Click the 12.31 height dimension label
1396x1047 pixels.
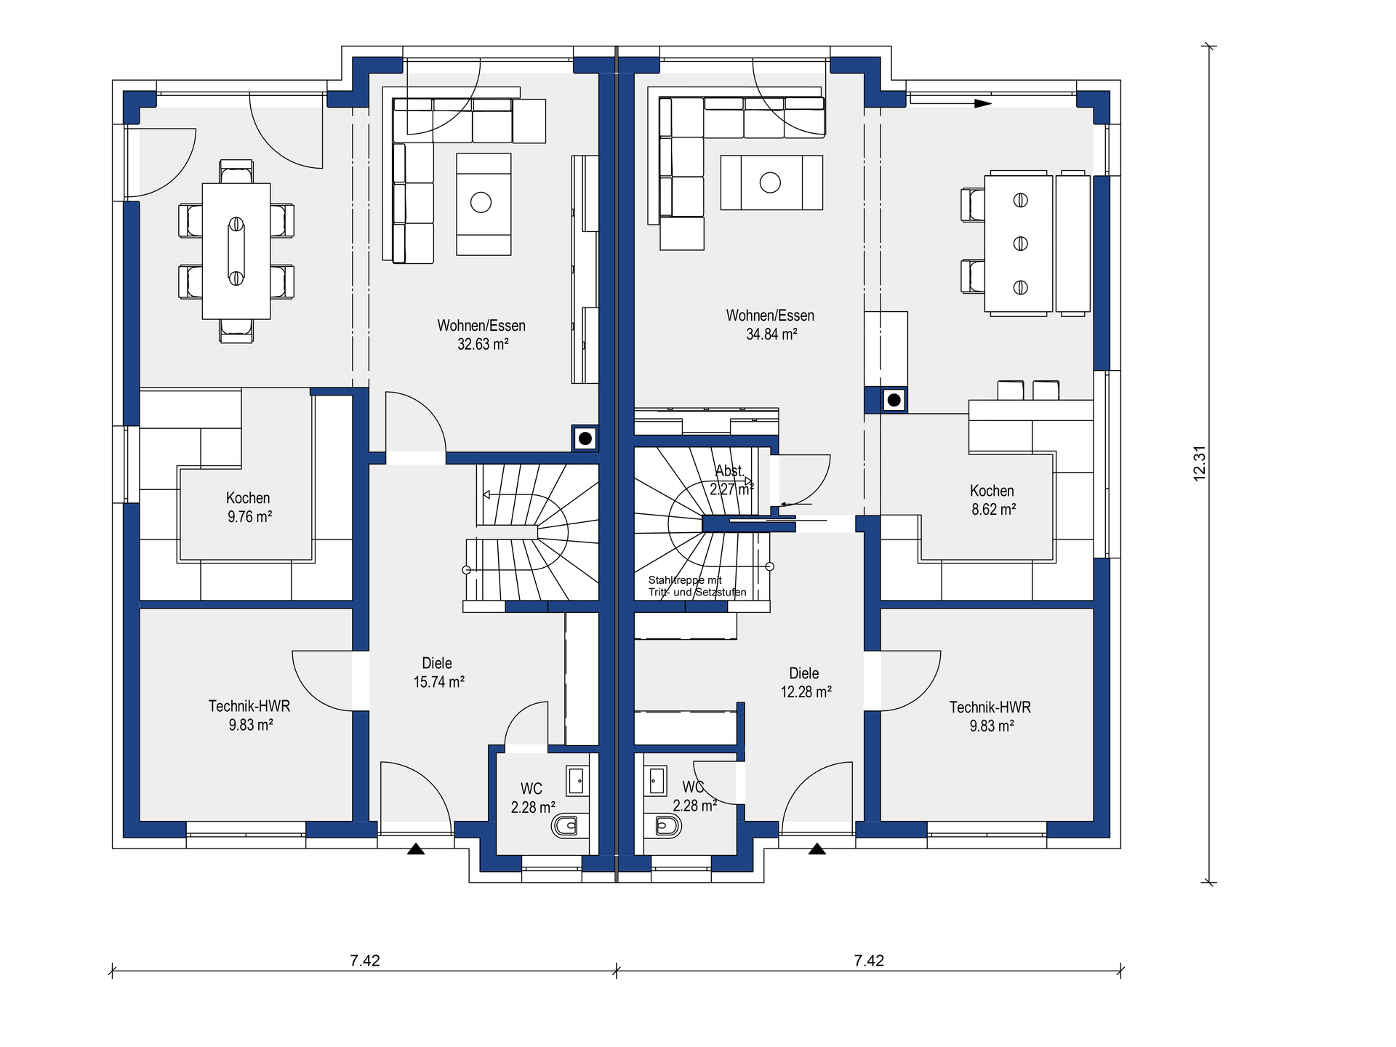tap(1200, 463)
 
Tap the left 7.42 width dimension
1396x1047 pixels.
tap(365, 960)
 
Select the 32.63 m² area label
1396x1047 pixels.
tap(483, 344)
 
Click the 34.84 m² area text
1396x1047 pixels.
tap(771, 334)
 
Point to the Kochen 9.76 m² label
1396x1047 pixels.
tap(249, 507)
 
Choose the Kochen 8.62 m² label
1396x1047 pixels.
tap(993, 500)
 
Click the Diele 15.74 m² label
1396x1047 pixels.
tap(438, 672)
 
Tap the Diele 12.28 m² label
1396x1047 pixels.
tap(806, 682)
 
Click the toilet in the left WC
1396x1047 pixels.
tap(565, 826)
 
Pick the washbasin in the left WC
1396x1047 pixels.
tap(577, 782)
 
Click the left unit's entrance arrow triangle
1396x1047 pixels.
tap(416, 849)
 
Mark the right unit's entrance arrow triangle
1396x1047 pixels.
tap(817, 849)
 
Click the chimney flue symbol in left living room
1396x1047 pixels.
tap(585, 438)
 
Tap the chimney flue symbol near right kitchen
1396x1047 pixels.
tap(894, 400)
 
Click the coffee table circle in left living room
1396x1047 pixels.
tap(481, 202)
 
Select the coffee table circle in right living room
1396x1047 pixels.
tap(770, 182)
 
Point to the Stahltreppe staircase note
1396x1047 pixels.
tap(697, 586)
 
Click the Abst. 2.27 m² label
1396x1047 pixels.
tap(731, 480)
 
